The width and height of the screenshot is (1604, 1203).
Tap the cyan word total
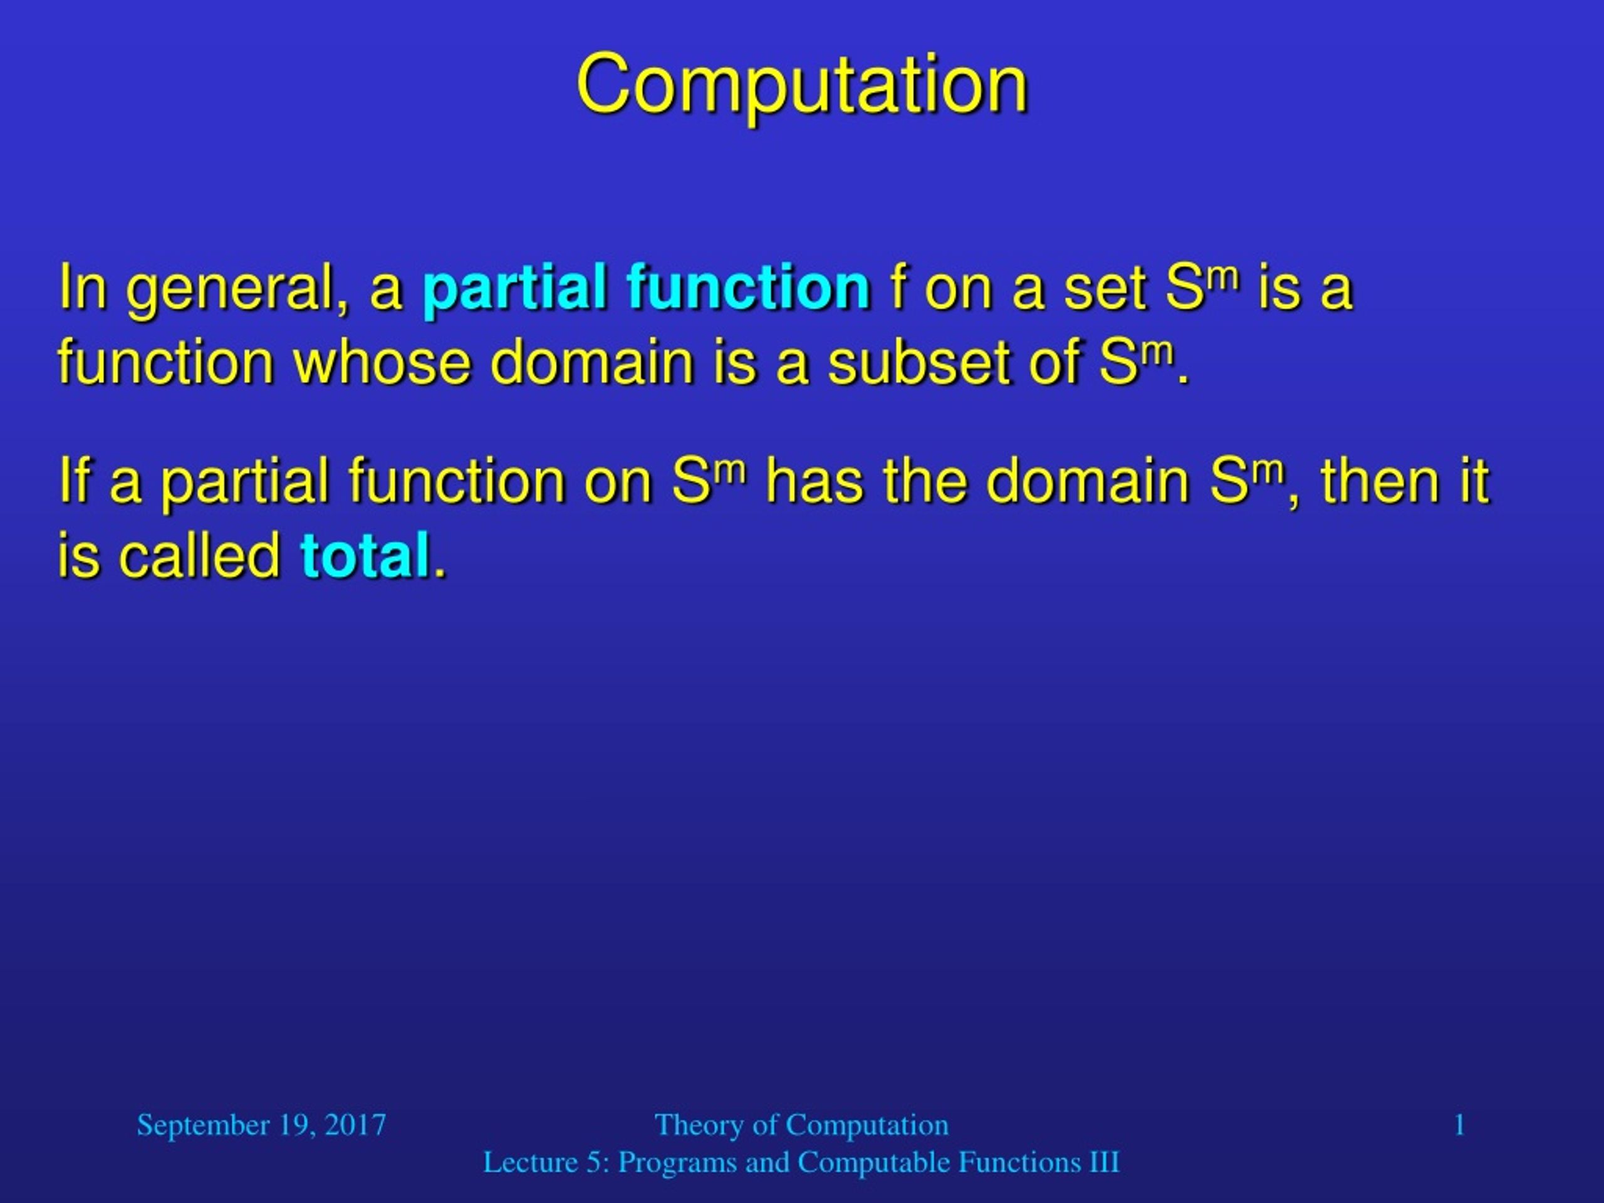(x=365, y=556)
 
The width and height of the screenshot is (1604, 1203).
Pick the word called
(x=199, y=556)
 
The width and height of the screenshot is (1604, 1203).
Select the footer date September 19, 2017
(x=261, y=1125)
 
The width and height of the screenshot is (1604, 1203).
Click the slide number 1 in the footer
(x=1460, y=1125)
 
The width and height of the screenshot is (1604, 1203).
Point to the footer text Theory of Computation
(x=801, y=1125)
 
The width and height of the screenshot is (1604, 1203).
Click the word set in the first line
(x=1106, y=289)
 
